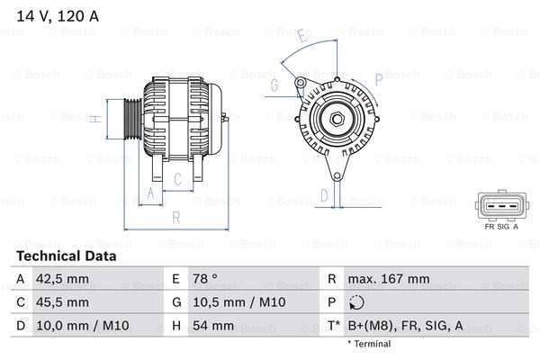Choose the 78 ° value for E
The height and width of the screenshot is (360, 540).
pos(207,279)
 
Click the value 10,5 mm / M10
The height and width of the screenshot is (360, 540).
pos(236,302)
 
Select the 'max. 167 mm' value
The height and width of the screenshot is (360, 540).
pos(391,279)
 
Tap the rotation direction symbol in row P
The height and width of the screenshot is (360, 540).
pos(359,303)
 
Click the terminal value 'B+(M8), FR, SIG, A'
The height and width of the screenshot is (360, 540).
pos(406,326)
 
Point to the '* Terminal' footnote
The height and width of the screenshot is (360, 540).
pos(370,344)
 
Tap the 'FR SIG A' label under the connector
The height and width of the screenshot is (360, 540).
pos(502,227)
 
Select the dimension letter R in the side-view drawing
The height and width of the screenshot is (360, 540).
pos(176,217)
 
